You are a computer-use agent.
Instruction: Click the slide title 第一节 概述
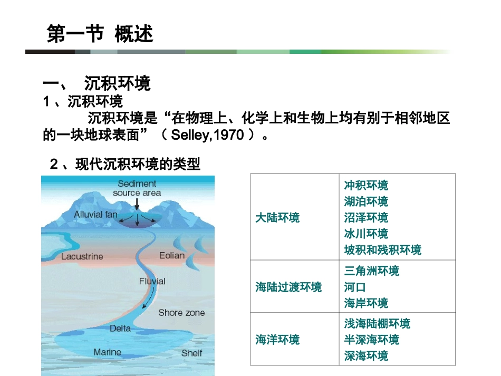click(100, 34)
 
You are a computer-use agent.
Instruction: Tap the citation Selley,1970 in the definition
click(207, 135)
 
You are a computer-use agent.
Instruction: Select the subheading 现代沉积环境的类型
click(138, 165)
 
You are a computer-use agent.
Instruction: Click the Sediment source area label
click(137, 188)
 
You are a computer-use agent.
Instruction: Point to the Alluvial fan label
click(95, 215)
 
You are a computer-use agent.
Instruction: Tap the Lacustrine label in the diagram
click(82, 257)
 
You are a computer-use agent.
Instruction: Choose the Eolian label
click(172, 255)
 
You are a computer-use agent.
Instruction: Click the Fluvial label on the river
click(152, 281)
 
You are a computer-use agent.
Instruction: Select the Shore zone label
click(181, 313)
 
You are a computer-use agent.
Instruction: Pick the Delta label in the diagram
click(120, 328)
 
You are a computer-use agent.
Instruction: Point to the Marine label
click(108, 352)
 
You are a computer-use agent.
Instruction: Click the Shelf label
click(191, 353)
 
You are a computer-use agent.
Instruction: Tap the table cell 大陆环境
click(277, 217)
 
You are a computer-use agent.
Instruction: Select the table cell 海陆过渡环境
click(288, 287)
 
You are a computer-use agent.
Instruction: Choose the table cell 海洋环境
click(277, 340)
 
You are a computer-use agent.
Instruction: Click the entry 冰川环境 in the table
click(366, 233)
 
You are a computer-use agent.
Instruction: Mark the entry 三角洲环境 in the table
click(372, 271)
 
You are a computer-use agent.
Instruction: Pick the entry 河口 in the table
click(355, 287)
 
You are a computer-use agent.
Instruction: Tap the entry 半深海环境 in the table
click(372, 340)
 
